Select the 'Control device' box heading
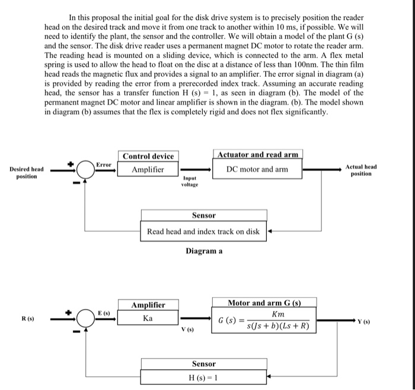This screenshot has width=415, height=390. pyautogui.click(x=148, y=156)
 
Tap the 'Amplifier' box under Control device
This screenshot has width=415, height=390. pyautogui.click(x=148, y=170)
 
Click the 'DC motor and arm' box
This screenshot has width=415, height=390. pyautogui.click(x=257, y=169)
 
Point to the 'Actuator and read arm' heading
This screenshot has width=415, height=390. pyautogui.click(x=257, y=155)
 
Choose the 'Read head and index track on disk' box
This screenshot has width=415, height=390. pyautogui.click(x=203, y=231)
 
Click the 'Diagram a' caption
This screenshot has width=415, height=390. pyautogui.click(x=203, y=251)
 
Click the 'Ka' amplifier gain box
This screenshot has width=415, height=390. pyautogui.click(x=148, y=318)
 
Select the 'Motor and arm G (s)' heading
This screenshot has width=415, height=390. pyautogui.click(x=264, y=303)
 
